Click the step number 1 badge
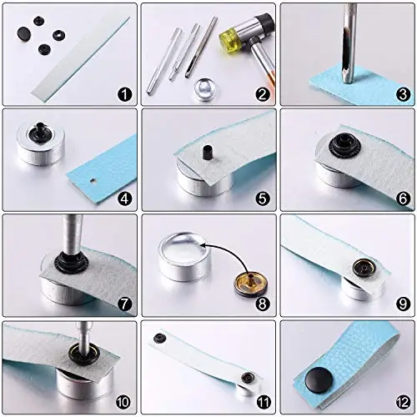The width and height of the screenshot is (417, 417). tap(124, 94)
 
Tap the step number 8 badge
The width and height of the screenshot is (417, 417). tap(263, 304)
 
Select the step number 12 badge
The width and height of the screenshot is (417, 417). tap(403, 402)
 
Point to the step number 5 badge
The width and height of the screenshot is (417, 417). tap(263, 198)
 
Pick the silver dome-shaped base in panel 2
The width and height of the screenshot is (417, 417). tap(206, 88)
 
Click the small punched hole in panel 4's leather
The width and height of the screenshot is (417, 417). tap(93, 181)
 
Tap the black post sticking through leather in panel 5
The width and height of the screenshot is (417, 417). tap(206, 152)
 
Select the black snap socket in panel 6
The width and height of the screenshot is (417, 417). tap(344, 145)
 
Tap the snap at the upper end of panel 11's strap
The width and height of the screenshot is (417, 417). tap(160, 338)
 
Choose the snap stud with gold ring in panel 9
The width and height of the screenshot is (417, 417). tap(364, 269)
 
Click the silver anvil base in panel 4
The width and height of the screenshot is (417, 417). tap(41, 143)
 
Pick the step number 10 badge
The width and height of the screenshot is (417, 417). tap(123, 402)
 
